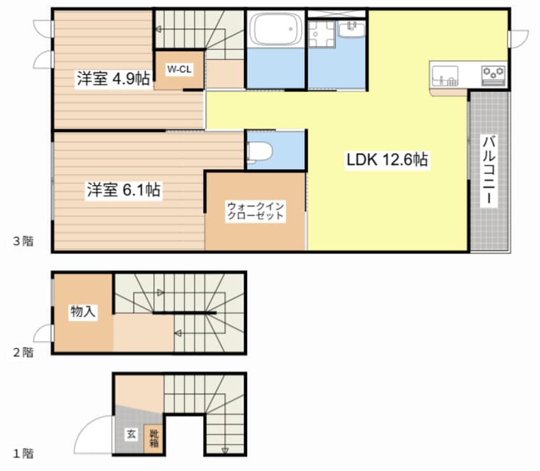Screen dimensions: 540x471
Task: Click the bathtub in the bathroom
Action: point(276,29)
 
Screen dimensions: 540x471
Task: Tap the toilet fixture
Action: point(260,151)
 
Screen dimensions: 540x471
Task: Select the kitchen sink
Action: point(445,76)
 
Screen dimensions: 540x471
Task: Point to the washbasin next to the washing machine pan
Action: point(352,29)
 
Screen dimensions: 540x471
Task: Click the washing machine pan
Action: point(322,34)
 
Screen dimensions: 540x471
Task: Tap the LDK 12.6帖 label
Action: point(387,160)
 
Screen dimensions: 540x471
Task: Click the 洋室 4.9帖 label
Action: point(114,79)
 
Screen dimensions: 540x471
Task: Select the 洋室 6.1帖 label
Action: point(123,190)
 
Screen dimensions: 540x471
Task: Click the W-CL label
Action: point(179,69)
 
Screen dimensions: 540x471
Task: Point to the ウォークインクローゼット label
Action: point(255,211)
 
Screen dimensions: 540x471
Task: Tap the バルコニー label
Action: point(489,171)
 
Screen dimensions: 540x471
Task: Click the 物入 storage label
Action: point(82,311)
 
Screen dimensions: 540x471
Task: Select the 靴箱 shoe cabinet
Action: point(153,438)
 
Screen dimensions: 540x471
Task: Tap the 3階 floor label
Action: point(24,241)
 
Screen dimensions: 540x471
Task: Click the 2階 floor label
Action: point(24,352)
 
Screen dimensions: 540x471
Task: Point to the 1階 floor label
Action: point(24,453)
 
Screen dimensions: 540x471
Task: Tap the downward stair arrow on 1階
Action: point(225,450)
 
